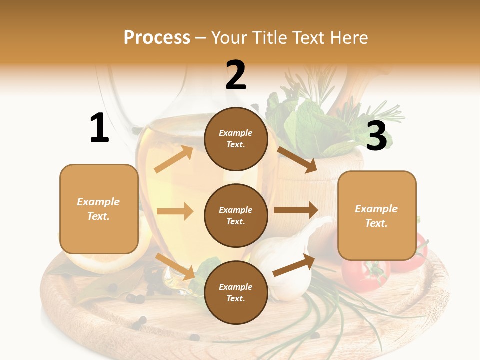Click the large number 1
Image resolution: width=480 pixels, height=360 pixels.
(99, 128)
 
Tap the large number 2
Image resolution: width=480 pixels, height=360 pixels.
(236, 75)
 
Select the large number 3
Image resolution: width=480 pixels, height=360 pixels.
(376, 136)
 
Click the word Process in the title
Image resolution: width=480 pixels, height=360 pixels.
(157, 37)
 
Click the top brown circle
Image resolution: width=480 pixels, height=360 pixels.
(236, 139)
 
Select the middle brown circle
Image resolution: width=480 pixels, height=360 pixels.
(236, 215)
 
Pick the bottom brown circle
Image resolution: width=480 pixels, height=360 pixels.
(236, 292)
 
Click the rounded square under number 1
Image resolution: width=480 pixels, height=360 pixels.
(99, 209)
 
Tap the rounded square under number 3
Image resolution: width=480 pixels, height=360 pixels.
(377, 216)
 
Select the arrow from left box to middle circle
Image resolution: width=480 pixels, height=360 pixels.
(175, 211)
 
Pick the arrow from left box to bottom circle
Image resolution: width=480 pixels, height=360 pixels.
(175, 266)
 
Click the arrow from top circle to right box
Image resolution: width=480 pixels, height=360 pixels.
(297, 159)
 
